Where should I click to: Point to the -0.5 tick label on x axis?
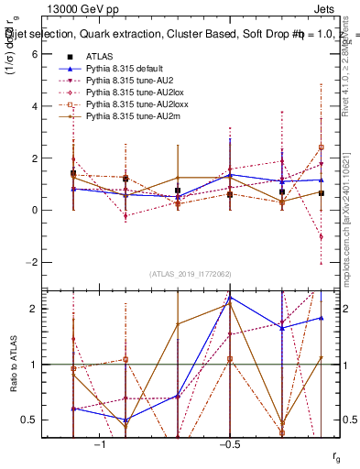pos(227,444)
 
